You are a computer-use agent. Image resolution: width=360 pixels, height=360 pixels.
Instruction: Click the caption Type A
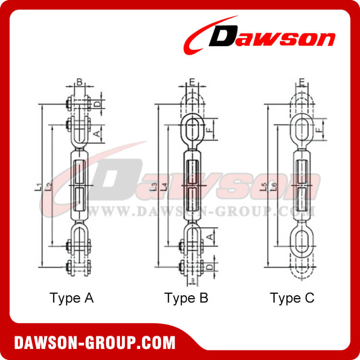click(72, 298)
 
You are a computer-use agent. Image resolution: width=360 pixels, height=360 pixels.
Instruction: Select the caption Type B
click(186, 298)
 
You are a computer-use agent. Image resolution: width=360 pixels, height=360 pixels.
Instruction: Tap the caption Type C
click(292, 298)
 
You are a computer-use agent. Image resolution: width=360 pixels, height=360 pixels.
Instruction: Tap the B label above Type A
click(80, 83)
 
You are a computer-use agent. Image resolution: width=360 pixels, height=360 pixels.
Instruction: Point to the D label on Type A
click(96, 104)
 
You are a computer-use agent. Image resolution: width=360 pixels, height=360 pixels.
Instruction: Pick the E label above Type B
click(192, 83)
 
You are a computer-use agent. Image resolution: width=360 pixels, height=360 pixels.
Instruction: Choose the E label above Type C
click(302, 83)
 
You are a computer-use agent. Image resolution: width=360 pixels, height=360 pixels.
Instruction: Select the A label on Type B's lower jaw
click(209, 237)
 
